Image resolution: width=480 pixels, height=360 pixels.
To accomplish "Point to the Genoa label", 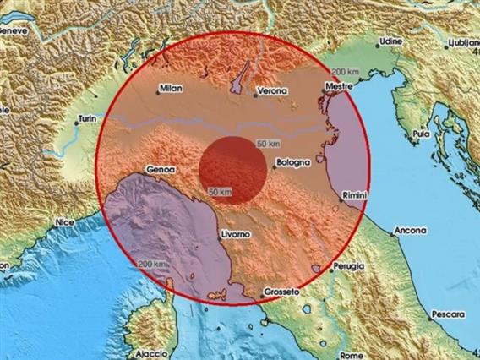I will tap(160, 168).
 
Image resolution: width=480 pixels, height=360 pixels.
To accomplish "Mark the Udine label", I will tap(390, 40).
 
